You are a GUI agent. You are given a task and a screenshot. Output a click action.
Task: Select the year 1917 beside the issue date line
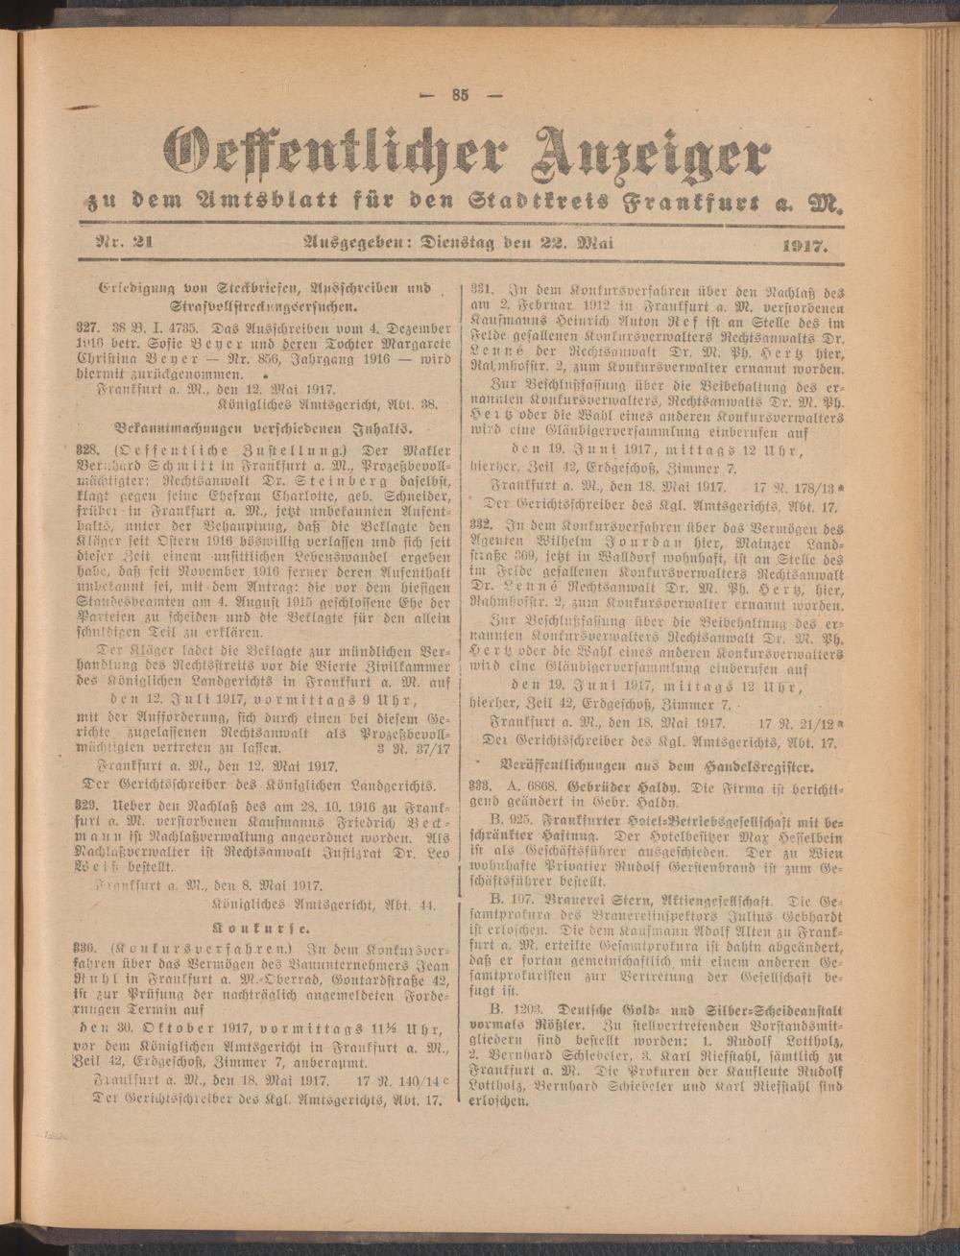coord(805,247)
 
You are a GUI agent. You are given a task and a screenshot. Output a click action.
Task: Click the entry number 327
coord(87,327)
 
